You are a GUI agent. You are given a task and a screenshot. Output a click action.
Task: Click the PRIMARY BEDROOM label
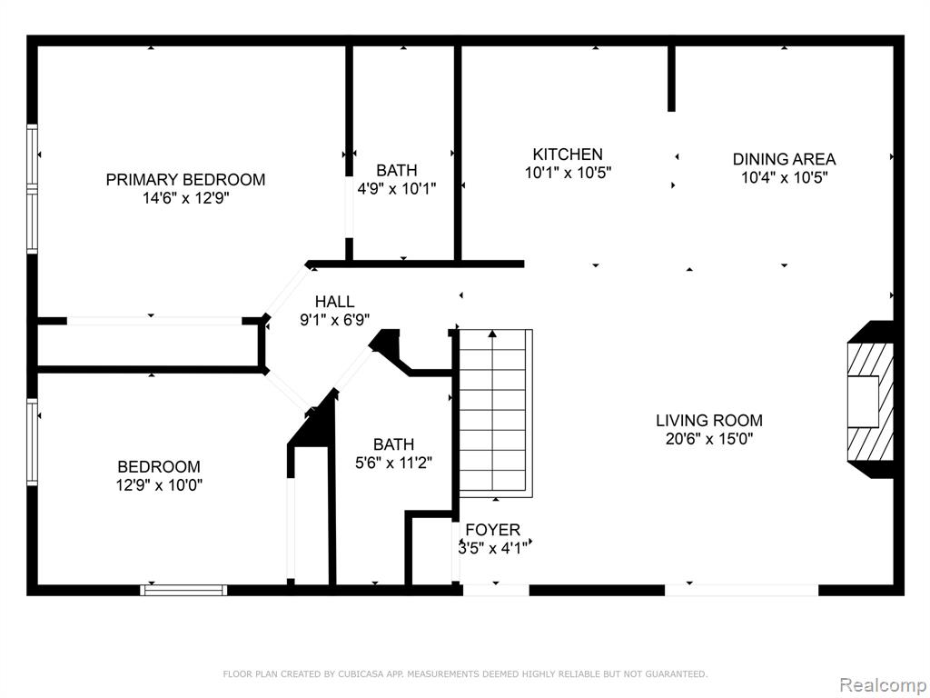[x=185, y=179]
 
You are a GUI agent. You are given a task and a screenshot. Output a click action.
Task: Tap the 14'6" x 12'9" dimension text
[x=185, y=198]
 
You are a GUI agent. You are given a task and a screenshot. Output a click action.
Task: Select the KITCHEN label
[x=568, y=155]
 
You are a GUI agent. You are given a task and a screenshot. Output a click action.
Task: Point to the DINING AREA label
[x=784, y=159]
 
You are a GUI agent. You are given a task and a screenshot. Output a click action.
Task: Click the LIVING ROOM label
[x=709, y=420]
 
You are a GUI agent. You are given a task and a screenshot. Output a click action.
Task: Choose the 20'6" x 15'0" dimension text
[x=709, y=439]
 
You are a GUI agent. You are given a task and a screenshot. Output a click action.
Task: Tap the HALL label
[x=335, y=302]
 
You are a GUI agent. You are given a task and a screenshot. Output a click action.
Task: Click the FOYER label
[x=493, y=530]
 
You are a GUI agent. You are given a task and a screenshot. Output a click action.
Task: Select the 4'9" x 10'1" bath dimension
[x=397, y=189]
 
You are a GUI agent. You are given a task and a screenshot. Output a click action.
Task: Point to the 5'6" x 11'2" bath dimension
[x=394, y=463]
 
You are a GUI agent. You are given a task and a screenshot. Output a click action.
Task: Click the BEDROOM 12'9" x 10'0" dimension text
[x=159, y=485]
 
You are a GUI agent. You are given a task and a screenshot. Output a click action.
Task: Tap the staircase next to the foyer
[x=496, y=414]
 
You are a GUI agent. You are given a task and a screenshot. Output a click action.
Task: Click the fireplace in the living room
[x=871, y=401]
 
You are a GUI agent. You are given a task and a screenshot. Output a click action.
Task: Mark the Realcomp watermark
[x=883, y=685]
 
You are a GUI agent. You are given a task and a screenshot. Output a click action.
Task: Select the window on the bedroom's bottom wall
[x=183, y=590]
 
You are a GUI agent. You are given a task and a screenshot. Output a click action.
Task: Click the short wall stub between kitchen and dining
[x=671, y=78]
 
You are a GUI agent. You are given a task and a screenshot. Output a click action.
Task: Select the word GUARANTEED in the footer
[x=678, y=674]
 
